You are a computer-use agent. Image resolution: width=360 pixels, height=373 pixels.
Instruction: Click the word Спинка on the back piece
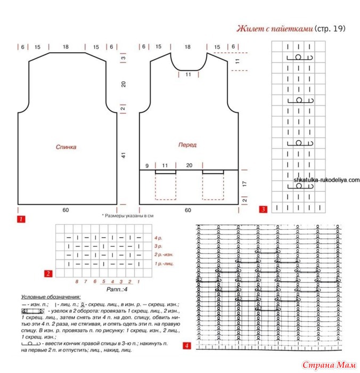[66, 147]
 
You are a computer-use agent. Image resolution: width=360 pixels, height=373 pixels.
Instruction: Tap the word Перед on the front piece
[187, 144]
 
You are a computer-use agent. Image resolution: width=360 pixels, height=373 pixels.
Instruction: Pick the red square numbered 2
[48, 274]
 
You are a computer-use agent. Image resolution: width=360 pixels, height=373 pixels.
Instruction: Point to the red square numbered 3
[263, 209]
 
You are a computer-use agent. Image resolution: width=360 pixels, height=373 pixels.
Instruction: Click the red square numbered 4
[186, 345]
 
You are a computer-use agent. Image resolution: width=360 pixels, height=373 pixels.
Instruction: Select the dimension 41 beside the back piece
[122, 156]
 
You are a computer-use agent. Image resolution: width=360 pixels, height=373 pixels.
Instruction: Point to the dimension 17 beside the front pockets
[244, 183]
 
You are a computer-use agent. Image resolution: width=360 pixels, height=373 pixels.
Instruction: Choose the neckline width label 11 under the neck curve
[188, 75]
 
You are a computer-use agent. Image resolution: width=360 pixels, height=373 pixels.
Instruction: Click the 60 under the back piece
[66, 210]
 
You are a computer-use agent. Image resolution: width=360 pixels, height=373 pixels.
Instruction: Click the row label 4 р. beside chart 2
[158, 238]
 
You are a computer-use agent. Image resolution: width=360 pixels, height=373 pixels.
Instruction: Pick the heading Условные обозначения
[51, 297]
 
